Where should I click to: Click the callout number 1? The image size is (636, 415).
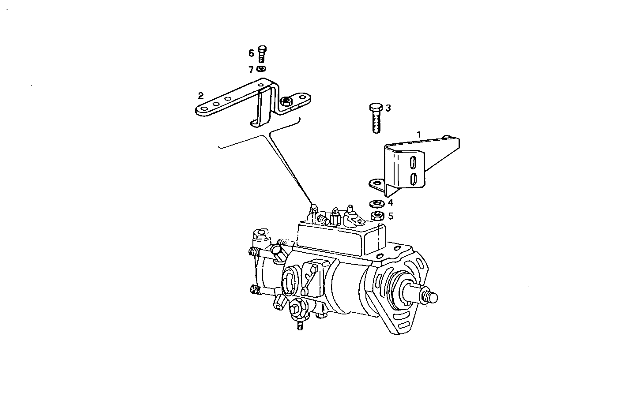[x=419, y=133]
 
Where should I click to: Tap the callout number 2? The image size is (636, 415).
[x=201, y=95]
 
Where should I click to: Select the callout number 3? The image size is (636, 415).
[x=388, y=108]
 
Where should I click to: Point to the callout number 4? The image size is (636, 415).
[x=390, y=203]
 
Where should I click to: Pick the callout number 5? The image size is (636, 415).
[x=390, y=216]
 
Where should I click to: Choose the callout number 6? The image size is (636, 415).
[x=251, y=53]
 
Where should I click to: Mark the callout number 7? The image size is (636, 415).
[x=251, y=70]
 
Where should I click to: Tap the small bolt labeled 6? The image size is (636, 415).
[x=261, y=53]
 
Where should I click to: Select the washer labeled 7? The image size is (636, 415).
[x=261, y=69]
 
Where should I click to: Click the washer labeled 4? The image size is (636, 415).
[x=376, y=204]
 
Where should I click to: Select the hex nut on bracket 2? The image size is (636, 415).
[x=286, y=101]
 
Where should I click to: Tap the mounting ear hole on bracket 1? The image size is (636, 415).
[x=376, y=182]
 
